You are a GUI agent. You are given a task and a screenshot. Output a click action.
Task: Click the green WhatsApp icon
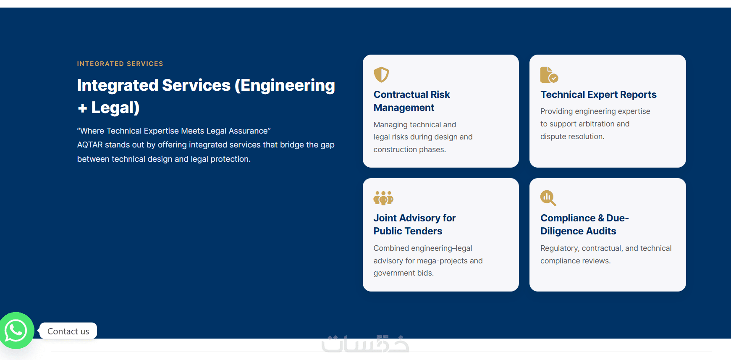click(16, 331)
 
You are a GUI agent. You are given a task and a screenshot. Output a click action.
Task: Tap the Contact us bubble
click(68, 331)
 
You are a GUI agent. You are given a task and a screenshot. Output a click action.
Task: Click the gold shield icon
click(381, 75)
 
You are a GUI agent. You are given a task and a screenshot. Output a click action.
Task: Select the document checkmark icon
click(549, 75)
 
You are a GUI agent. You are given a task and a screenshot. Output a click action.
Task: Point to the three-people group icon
click(383, 198)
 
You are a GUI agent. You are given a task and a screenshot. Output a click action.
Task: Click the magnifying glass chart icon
click(548, 198)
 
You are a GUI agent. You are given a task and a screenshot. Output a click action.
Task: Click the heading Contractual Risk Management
click(411, 101)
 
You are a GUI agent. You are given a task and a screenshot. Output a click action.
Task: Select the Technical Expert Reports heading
click(598, 95)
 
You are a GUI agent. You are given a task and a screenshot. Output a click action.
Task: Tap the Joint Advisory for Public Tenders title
click(414, 224)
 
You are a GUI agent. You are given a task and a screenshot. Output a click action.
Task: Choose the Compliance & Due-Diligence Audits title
click(584, 224)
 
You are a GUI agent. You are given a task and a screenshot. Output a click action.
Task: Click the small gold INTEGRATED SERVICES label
click(120, 64)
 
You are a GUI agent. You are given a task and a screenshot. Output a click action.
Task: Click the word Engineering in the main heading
click(288, 85)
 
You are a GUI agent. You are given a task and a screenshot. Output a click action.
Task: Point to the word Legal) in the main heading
click(115, 108)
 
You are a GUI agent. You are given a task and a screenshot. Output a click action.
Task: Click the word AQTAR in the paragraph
click(90, 145)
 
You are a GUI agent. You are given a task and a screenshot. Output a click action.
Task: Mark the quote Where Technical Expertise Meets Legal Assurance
click(174, 131)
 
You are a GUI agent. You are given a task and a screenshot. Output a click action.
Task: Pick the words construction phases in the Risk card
click(409, 150)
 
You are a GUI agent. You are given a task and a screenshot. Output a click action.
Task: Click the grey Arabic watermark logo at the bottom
click(365, 344)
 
